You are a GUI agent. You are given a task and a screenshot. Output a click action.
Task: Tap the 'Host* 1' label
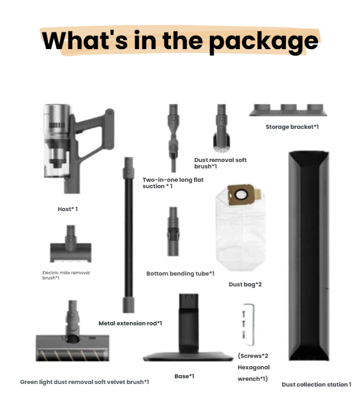(67, 209)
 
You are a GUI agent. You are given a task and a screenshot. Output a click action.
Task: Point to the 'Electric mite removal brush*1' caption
(66, 275)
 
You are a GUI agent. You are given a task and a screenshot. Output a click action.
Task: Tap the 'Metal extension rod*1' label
(130, 323)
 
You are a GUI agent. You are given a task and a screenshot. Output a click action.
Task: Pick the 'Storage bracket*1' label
(292, 127)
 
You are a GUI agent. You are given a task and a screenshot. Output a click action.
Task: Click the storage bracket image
(291, 110)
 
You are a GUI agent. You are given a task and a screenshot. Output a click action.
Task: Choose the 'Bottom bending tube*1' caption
(180, 273)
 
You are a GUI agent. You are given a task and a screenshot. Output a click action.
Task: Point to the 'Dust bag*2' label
(245, 285)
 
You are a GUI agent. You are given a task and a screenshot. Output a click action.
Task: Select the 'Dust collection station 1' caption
(316, 384)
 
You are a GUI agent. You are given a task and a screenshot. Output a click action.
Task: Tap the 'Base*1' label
(184, 376)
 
